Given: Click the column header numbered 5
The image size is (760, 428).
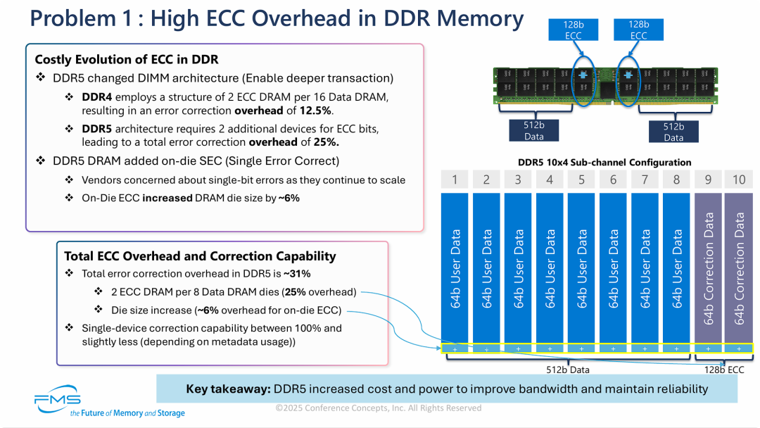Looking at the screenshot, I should point(582,180).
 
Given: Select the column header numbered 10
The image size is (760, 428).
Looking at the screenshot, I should point(739,180).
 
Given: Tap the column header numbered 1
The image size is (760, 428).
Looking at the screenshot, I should point(455,180).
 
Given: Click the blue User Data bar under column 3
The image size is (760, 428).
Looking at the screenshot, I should point(519,267).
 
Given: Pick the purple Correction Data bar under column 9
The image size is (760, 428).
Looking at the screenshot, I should point(708,267).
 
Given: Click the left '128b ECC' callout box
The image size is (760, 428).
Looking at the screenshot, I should point(573,30).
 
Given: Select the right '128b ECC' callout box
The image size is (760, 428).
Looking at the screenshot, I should point(638,30).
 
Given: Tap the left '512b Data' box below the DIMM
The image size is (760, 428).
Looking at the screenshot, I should point(534,131).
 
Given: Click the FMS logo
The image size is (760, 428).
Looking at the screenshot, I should point(58,398).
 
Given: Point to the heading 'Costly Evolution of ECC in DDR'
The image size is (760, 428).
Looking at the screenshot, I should point(127,60).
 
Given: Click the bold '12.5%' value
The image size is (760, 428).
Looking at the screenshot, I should point(317,111).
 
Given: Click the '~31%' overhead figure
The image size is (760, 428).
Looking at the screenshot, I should point(296,274).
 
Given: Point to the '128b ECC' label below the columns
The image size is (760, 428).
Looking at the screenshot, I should point(724,369).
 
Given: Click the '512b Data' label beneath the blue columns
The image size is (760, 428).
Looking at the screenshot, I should point(568,369).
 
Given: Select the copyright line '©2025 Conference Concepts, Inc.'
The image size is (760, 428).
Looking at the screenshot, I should point(379,408).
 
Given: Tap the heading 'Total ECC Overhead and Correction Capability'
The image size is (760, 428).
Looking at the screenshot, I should point(200,256).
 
